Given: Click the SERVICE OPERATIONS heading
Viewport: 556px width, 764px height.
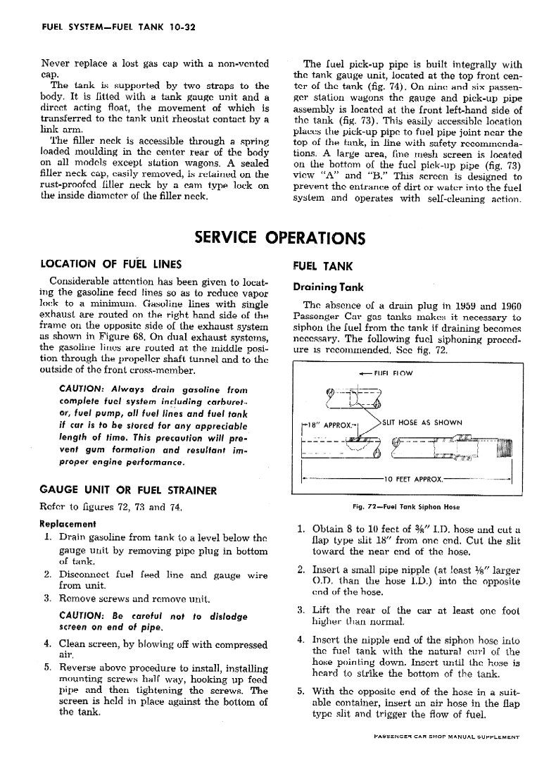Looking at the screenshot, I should click(279, 238).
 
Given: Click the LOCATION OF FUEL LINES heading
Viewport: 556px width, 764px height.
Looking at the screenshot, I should click(110, 265).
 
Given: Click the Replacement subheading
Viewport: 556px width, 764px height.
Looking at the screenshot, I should click(68, 524).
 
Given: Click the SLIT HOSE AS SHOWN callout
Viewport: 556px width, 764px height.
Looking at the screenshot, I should click(422, 422).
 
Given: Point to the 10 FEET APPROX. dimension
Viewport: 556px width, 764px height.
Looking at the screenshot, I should click(413, 480).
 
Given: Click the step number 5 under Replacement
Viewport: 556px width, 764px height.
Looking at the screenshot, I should click(46, 667).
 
